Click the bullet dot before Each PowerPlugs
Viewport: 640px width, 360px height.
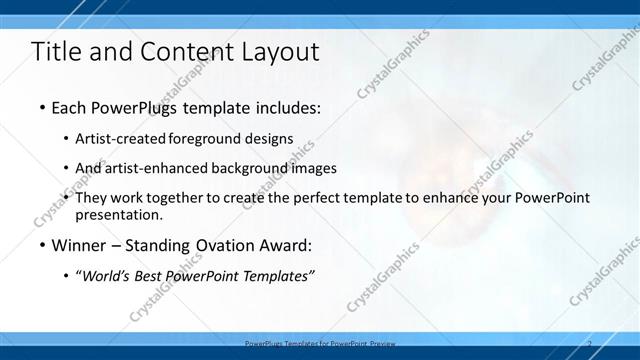coord(41,106)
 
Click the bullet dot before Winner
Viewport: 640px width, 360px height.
coord(41,245)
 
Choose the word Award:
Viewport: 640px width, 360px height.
coord(287,245)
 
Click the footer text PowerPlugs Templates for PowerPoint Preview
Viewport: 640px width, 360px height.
coord(327,343)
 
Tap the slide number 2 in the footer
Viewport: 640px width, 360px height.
coord(589,343)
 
